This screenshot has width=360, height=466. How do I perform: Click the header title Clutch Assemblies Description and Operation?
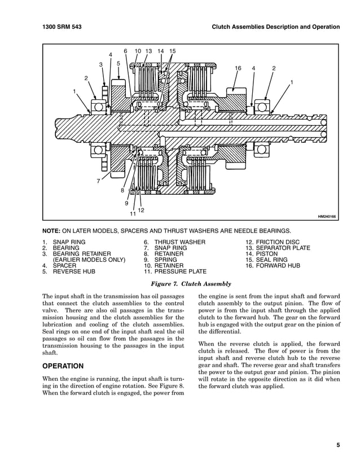[x=274, y=27]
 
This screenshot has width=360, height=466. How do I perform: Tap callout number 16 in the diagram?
[x=238, y=69]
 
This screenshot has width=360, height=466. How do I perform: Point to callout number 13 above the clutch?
[x=148, y=51]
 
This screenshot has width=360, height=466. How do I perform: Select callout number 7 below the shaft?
[x=98, y=181]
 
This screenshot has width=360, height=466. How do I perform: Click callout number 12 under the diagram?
[x=141, y=210]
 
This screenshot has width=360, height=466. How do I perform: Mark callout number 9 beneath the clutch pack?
[x=126, y=203]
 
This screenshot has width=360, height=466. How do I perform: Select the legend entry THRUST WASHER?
[x=166, y=243]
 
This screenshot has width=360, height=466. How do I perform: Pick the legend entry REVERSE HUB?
[x=73, y=271]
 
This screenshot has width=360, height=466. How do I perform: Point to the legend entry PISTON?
[x=261, y=254]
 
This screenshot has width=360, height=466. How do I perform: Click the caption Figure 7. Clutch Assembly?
[x=190, y=283]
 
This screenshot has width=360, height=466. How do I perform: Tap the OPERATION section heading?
[x=63, y=366]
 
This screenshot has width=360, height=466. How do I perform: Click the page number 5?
[x=338, y=445]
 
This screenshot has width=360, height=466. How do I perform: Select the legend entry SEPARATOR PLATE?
[x=278, y=248]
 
